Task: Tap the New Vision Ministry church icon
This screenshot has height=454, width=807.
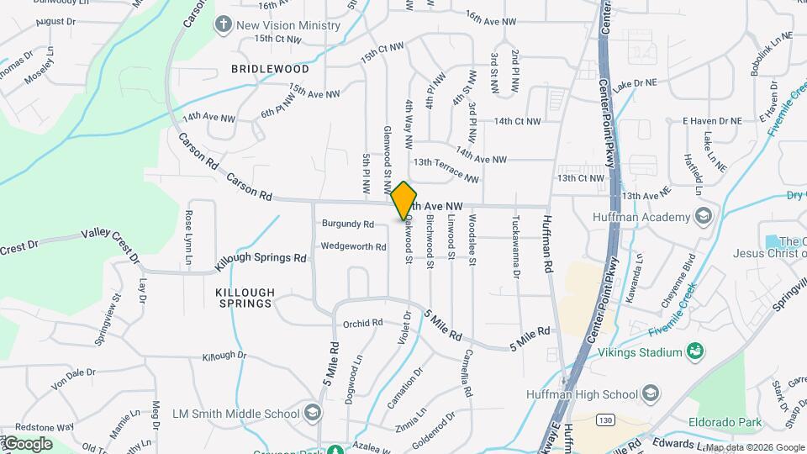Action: (223, 24)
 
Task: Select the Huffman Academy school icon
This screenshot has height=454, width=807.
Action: (704, 216)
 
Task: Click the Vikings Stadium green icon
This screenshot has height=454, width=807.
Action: (694, 350)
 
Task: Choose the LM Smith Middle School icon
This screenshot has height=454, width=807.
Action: (313, 413)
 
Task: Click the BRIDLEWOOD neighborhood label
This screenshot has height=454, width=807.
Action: (270, 69)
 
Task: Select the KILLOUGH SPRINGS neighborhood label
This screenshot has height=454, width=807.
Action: (245, 298)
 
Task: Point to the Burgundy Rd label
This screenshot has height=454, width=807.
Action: (347, 224)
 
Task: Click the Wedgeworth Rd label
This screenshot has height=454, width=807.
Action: (353, 247)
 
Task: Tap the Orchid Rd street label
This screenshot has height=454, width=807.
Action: (362, 323)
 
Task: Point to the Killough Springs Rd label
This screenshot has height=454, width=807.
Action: (260, 259)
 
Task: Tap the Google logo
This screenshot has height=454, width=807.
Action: (28, 443)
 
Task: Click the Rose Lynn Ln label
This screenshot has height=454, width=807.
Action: (188, 230)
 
